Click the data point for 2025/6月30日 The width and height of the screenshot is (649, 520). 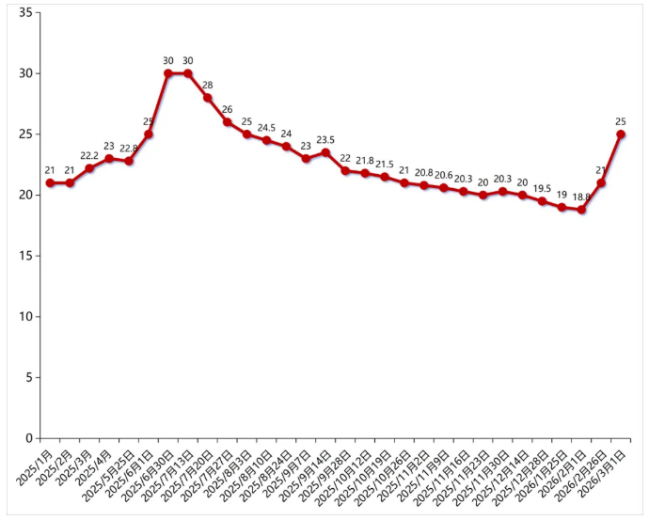(x=168, y=73)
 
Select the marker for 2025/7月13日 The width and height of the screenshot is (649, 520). (x=188, y=73)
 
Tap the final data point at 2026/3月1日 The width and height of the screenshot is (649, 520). (x=621, y=134)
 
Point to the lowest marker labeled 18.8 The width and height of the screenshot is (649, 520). (x=581, y=210)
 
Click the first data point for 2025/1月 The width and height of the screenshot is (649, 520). (x=50, y=182)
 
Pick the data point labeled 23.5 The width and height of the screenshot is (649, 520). (x=325, y=152)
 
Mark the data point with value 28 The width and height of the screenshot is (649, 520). (x=208, y=98)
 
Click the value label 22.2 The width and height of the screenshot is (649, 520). (x=89, y=155)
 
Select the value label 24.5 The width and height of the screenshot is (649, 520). (x=266, y=128)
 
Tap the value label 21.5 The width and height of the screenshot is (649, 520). (x=385, y=164)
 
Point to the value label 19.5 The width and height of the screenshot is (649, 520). (x=542, y=188)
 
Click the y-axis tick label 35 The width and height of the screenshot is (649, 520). (x=25, y=13)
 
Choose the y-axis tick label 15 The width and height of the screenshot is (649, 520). (x=25, y=256)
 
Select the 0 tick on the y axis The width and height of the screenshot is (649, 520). (x=29, y=438)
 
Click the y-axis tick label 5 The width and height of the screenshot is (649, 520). (x=29, y=377)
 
